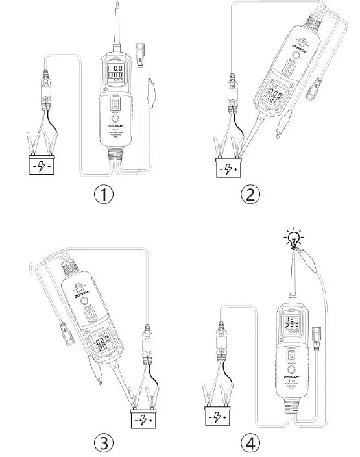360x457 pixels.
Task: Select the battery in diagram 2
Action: pyautogui.click(x=228, y=169)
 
